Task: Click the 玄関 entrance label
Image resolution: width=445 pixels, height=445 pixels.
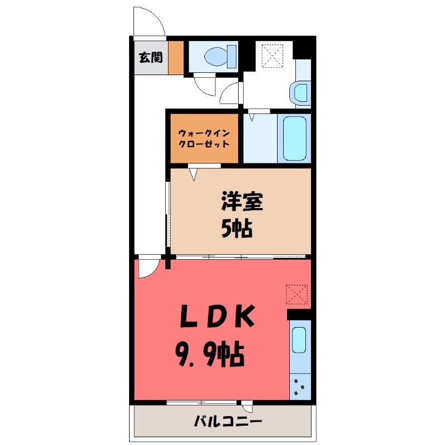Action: click(151, 58)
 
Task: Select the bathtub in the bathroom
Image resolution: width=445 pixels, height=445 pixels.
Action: click(295, 138)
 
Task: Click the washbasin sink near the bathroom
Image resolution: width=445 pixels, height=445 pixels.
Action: click(300, 92)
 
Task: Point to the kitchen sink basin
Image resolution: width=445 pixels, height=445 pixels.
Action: click(299, 340)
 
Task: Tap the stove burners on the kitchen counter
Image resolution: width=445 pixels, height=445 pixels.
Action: click(299, 387)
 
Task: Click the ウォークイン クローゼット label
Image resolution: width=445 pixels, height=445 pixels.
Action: click(204, 139)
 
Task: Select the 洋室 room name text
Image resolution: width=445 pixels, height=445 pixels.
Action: click(242, 201)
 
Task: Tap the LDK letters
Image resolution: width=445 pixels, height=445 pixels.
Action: click(217, 316)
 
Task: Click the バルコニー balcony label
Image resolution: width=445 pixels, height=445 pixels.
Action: click(228, 422)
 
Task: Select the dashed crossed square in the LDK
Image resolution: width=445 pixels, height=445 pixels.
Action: click(297, 294)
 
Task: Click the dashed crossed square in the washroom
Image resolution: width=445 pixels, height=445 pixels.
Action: click(272, 56)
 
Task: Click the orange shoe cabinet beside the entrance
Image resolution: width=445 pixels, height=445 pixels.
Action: click(176, 58)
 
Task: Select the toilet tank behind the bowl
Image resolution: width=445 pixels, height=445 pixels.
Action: click(231, 57)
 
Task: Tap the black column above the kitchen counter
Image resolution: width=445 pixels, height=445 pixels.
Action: click(299, 314)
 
